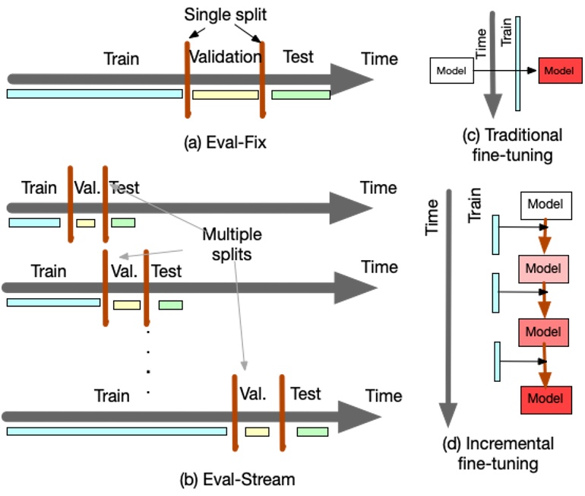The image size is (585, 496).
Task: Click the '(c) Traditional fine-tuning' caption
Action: click(x=513, y=144)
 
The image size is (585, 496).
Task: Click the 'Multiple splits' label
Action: click(x=226, y=243)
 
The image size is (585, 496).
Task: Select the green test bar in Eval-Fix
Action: click(x=300, y=95)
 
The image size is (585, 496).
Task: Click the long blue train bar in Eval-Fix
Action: click(x=94, y=94)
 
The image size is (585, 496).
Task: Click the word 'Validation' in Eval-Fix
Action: click(x=224, y=57)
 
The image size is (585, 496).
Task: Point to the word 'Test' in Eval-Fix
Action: click(x=297, y=57)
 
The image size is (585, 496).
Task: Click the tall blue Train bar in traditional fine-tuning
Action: click(x=517, y=64)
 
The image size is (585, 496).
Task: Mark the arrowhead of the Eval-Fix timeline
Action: click(x=349, y=78)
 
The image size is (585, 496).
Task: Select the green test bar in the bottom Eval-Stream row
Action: click(x=312, y=431)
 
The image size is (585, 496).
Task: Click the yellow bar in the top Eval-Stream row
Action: click(x=86, y=223)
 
